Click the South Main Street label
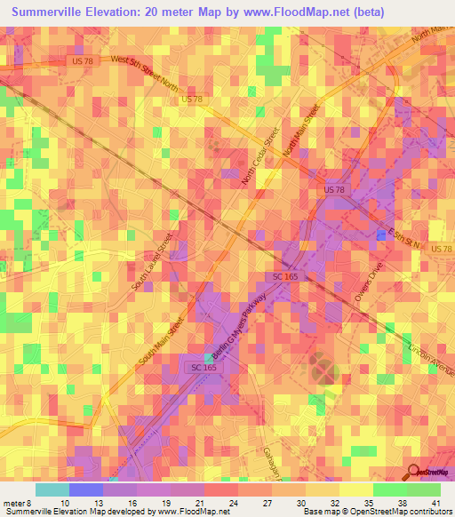161,342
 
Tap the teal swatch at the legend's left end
52,489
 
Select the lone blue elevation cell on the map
381,235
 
